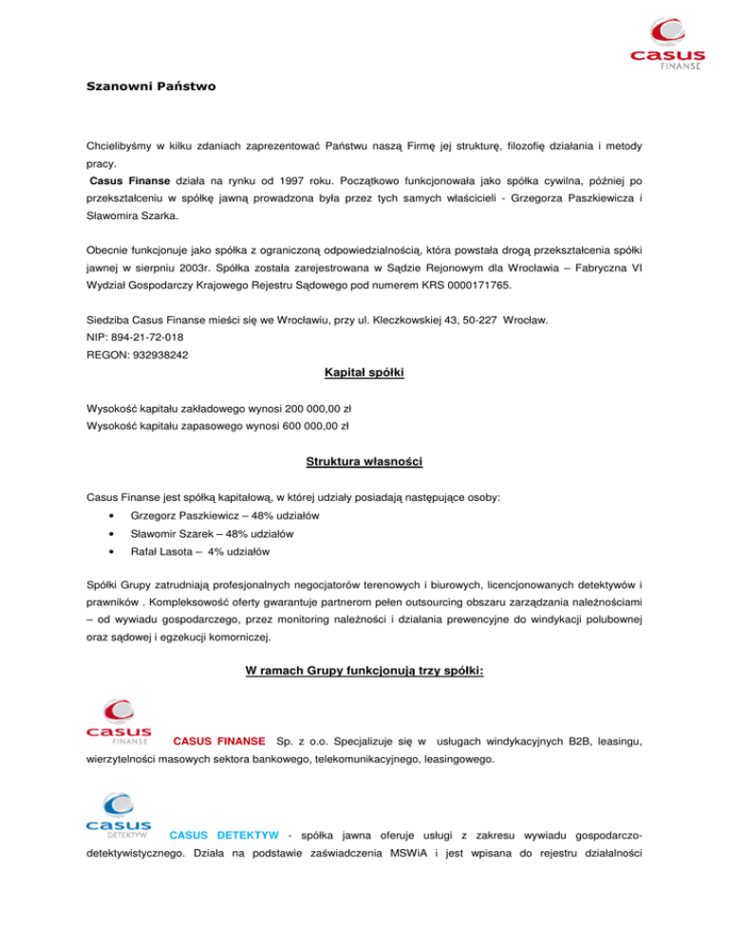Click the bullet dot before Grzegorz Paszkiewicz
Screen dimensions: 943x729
[x=113, y=515]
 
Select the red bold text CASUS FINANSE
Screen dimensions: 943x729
[x=217, y=739]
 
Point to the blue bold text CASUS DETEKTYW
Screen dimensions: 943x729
[x=223, y=835]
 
